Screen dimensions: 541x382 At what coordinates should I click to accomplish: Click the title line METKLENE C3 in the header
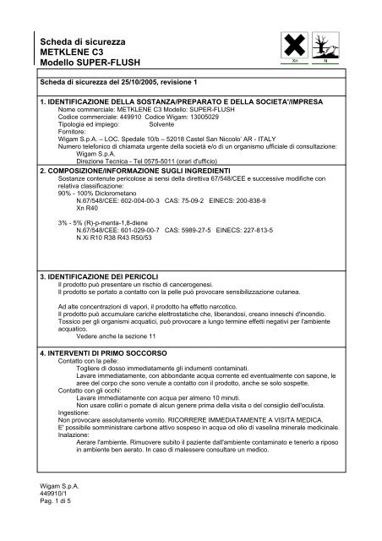coord(68,52)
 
